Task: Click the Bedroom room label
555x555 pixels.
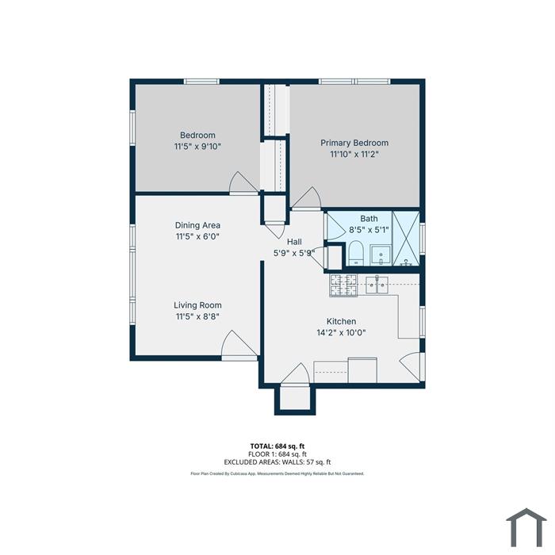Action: pyautogui.click(x=197, y=135)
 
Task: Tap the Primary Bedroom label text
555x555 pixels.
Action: pyautogui.click(x=354, y=143)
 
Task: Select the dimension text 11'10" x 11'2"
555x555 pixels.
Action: pyautogui.click(x=354, y=155)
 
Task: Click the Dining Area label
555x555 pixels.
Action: pyautogui.click(x=197, y=225)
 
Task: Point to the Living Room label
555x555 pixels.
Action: pyautogui.click(x=197, y=305)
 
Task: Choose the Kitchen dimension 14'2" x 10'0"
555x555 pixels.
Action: pyautogui.click(x=341, y=333)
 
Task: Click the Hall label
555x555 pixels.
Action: pyautogui.click(x=294, y=242)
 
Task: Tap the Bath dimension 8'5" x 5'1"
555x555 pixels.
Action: pyautogui.click(x=369, y=230)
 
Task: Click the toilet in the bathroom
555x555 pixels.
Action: pyautogui.click(x=355, y=253)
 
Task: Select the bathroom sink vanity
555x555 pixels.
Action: pyautogui.click(x=381, y=255)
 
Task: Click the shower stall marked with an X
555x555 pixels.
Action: pyautogui.click(x=406, y=238)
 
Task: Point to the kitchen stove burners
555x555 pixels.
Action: pyautogui.click(x=343, y=285)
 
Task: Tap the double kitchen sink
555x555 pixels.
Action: pyautogui.click(x=377, y=285)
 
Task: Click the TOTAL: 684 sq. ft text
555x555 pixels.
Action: pyautogui.click(x=277, y=446)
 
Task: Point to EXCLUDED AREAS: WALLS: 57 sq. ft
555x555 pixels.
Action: pyautogui.click(x=277, y=462)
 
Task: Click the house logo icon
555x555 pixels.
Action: pyautogui.click(x=526, y=527)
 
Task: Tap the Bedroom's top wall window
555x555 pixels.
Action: pyautogui.click(x=201, y=82)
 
